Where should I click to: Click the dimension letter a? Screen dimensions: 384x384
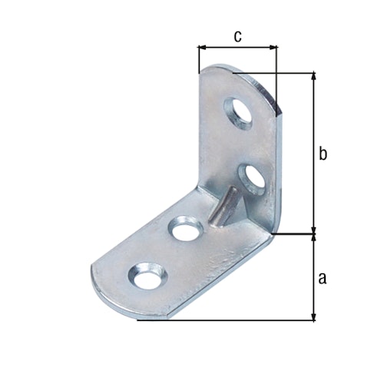[x=323, y=276]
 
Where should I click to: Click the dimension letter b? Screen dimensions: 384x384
[x=323, y=154]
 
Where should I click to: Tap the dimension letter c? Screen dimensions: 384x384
[x=237, y=35]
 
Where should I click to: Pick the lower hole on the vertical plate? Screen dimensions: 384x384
[x=251, y=177]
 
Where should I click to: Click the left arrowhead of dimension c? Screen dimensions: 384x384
[x=202, y=48]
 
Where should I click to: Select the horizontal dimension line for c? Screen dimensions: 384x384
[x=237, y=48]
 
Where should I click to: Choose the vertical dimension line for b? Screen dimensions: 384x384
[x=313, y=154]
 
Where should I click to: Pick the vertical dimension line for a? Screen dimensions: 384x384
[x=313, y=276]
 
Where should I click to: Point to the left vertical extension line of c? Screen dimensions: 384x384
[x=198, y=60]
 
